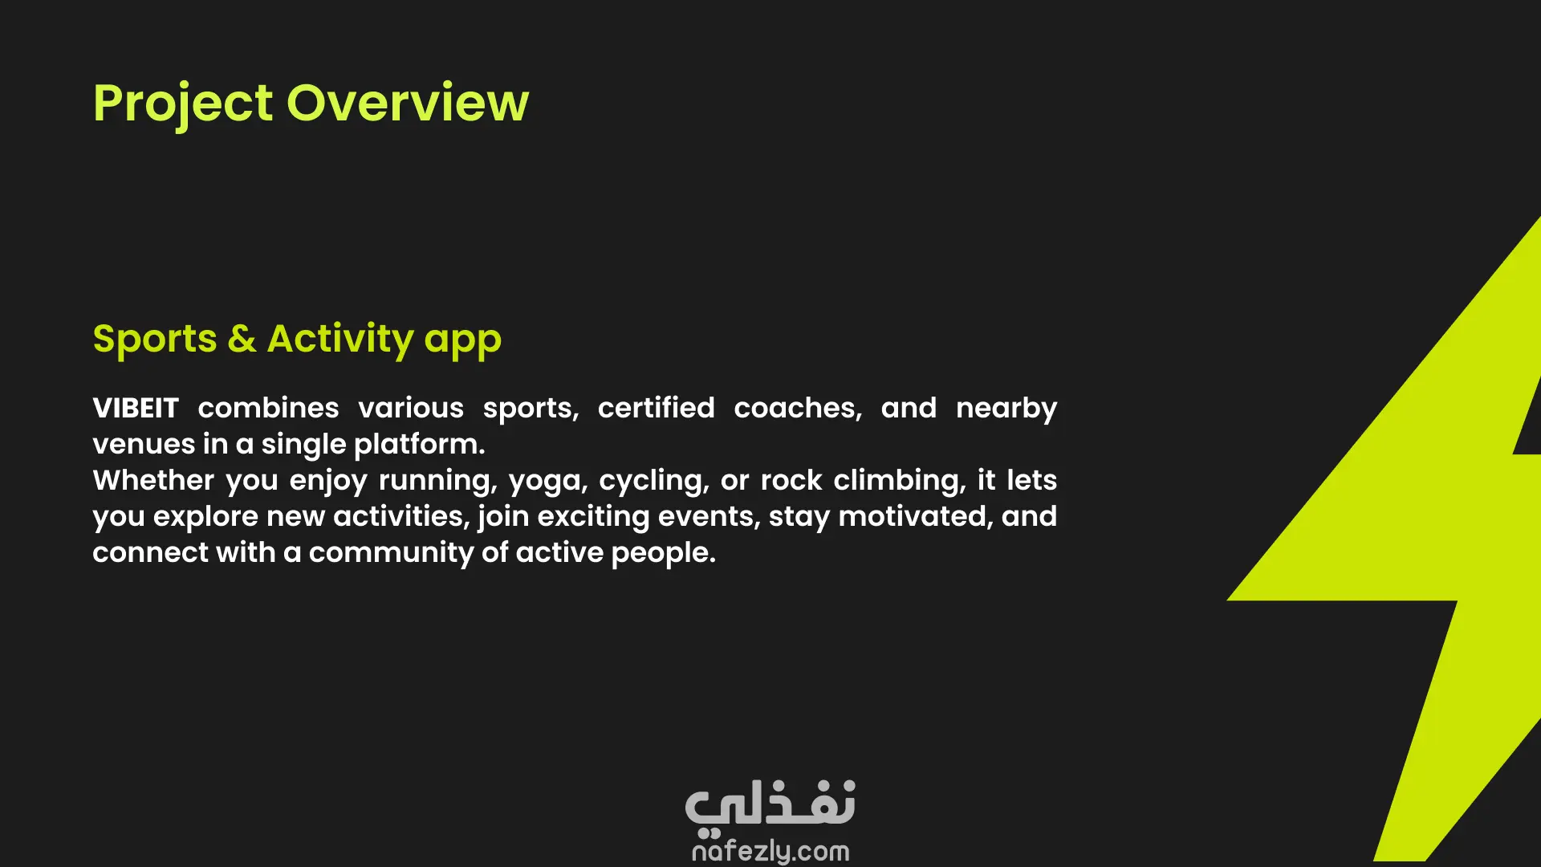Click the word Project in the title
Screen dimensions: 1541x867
(183, 104)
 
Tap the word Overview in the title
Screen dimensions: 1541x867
(408, 103)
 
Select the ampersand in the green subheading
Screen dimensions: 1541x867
(242, 339)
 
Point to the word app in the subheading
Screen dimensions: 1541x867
(463, 343)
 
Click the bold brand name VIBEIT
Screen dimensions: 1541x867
(136, 408)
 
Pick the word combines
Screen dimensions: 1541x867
(268, 408)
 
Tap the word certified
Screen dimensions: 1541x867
(656, 408)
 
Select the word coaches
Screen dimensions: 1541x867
(798, 409)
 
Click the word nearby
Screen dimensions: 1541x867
(1006, 409)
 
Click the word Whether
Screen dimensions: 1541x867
(153, 480)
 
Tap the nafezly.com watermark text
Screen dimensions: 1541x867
(770, 851)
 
